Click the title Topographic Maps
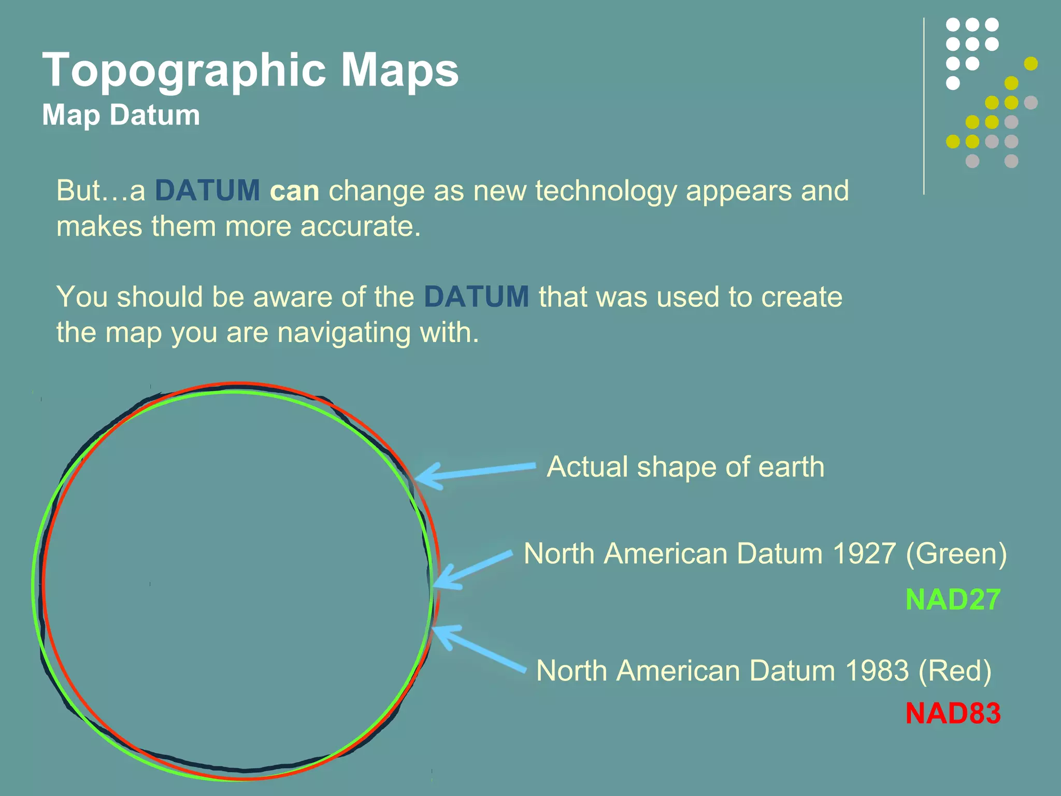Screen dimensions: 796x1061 click(x=250, y=70)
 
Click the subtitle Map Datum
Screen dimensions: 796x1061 click(x=121, y=115)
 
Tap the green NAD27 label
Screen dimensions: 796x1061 click(x=953, y=600)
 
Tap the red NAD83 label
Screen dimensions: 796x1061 click(x=953, y=713)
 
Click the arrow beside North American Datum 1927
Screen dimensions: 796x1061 click(x=471, y=570)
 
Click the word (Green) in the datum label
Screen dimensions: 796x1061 click(x=956, y=553)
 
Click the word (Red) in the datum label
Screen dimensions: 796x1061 click(x=955, y=671)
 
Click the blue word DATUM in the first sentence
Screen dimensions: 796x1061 click(x=207, y=190)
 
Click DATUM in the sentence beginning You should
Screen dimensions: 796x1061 click(x=476, y=297)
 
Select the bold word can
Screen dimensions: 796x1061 click(x=294, y=191)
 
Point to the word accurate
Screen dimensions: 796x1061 click(x=360, y=226)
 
